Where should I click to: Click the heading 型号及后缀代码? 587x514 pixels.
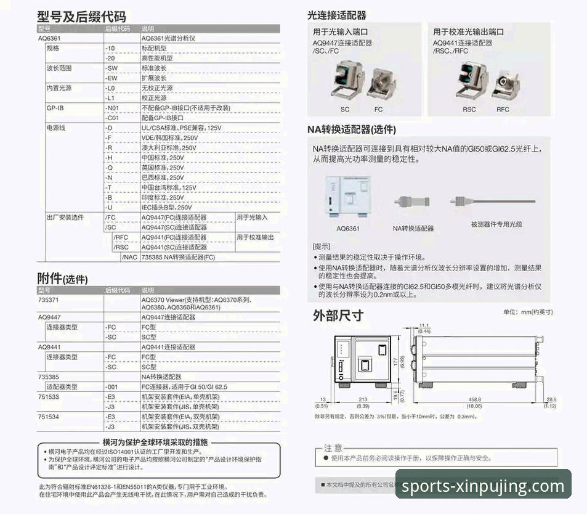pos(82,17)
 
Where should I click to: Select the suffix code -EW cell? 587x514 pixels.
pos(112,78)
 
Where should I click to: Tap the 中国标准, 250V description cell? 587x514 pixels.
pos(163,158)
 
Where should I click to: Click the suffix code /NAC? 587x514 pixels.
pos(129,257)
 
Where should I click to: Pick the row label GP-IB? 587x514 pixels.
pos(55,108)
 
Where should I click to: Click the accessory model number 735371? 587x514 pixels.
pos(49,300)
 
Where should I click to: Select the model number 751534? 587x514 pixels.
pos(49,417)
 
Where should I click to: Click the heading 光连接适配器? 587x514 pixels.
pos(336,15)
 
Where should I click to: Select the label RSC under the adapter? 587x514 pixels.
pos(469,109)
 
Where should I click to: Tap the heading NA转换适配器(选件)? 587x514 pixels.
pos(352,130)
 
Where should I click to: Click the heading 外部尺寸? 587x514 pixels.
pos(338,316)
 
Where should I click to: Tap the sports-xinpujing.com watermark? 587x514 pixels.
pos(483,487)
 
